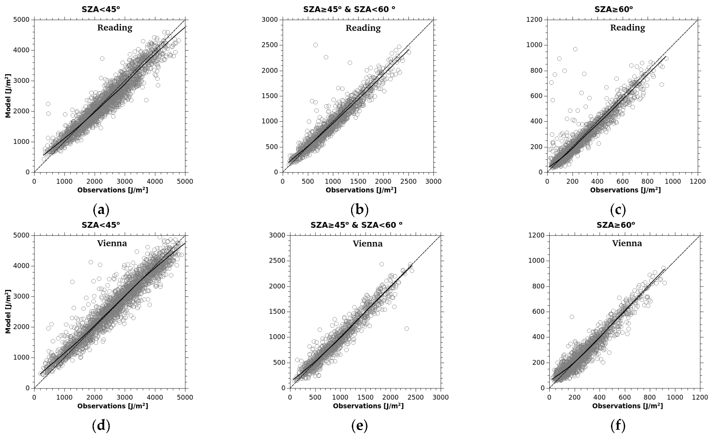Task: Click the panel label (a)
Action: tap(101, 210)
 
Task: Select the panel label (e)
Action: tap(359, 426)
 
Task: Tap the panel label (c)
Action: tap(618, 210)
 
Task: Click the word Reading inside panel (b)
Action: tap(363, 28)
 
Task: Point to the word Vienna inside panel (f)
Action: tap(627, 243)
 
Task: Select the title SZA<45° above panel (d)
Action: tap(101, 225)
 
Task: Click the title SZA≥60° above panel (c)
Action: tap(614, 9)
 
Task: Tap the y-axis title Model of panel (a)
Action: tap(8, 96)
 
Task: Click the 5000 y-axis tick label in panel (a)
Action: tap(23, 20)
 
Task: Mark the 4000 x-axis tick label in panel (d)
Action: tap(155, 397)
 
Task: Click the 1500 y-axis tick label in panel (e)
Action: tap(278, 312)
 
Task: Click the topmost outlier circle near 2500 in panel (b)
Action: tap(315, 45)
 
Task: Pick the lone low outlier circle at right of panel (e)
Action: tap(407, 329)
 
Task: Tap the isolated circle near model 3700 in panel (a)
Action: tap(102, 58)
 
